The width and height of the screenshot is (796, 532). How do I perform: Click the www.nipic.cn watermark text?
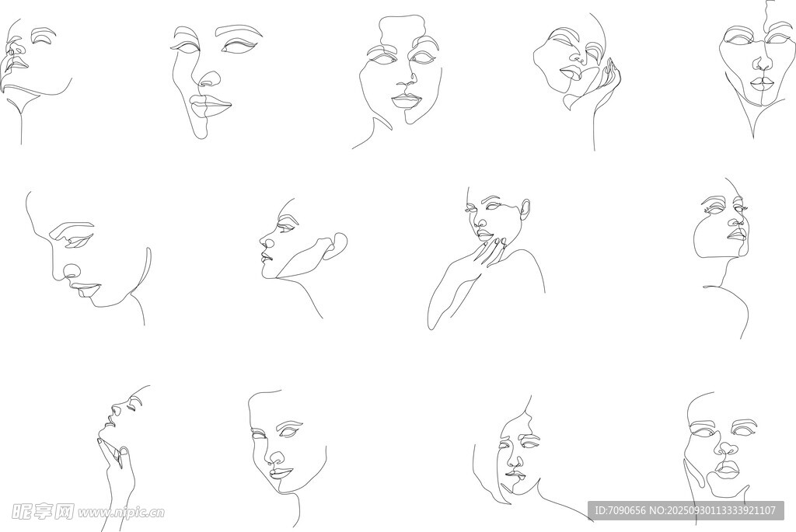pyautogui.click(x=120, y=512)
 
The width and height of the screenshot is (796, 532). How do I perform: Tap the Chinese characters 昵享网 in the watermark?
pyautogui.click(x=43, y=511)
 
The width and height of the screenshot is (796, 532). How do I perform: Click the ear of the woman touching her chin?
pyautogui.click(x=525, y=209)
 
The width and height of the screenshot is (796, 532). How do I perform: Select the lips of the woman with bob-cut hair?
pyautogui.click(x=516, y=475)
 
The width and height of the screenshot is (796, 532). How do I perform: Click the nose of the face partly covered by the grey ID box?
pyautogui.click(x=728, y=449)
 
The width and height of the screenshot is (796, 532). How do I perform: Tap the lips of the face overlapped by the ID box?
pyautogui.click(x=728, y=468)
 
